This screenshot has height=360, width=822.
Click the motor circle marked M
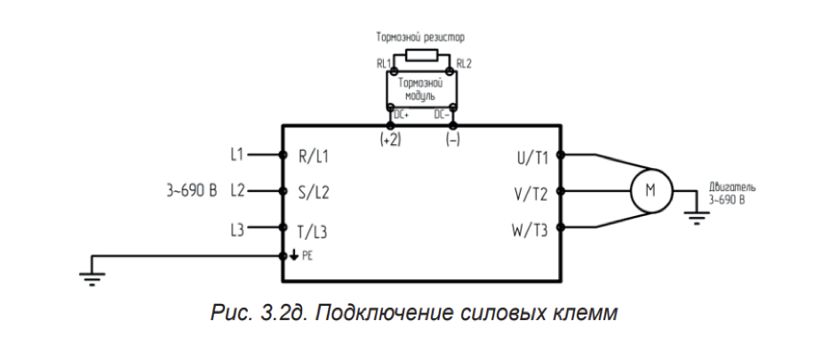[x=650, y=190]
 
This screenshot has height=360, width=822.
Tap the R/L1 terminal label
[x=313, y=156]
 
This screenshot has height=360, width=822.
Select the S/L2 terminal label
[x=313, y=191]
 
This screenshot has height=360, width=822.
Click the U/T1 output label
[x=531, y=156]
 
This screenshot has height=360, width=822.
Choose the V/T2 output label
[x=531, y=191]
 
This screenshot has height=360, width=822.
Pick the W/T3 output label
[x=530, y=230]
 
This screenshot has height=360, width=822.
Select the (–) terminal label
[x=451, y=140]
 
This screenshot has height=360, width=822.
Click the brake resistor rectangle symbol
[x=420, y=56]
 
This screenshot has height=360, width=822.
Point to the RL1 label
[x=383, y=65]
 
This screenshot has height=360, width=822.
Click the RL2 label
[x=464, y=64]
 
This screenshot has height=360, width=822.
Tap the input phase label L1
[x=236, y=155]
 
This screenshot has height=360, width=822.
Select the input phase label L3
[x=236, y=230]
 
